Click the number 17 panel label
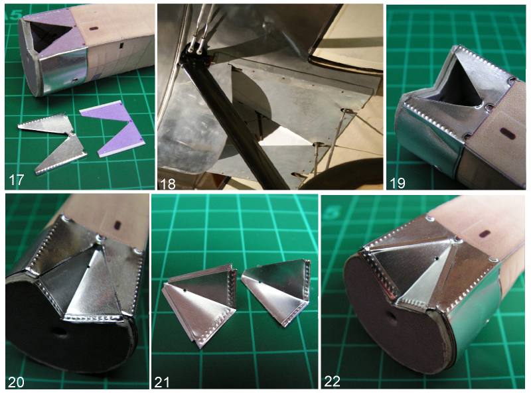(x=16, y=180)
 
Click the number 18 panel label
(x=168, y=184)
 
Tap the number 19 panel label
(x=398, y=183)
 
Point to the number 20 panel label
(x=16, y=382)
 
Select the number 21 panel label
(x=162, y=382)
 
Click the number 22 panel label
(x=333, y=381)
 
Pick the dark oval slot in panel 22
(x=485, y=233)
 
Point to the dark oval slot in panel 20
(x=118, y=224)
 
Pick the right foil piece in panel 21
(x=278, y=289)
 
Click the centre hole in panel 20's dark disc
(x=61, y=332)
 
